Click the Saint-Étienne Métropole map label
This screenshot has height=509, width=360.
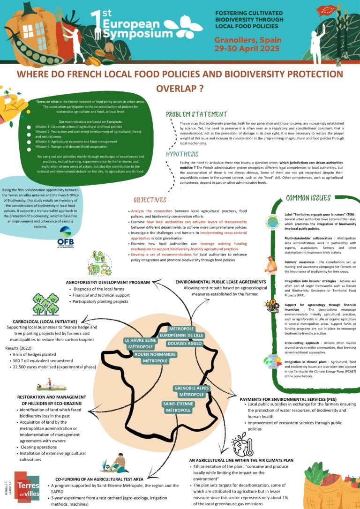click(x=178, y=407)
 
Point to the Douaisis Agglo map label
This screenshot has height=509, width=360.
click(x=185, y=344)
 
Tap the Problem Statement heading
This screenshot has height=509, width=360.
click(x=196, y=114)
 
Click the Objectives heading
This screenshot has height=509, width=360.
click(x=150, y=200)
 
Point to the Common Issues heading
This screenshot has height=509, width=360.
click(x=308, y=198)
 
